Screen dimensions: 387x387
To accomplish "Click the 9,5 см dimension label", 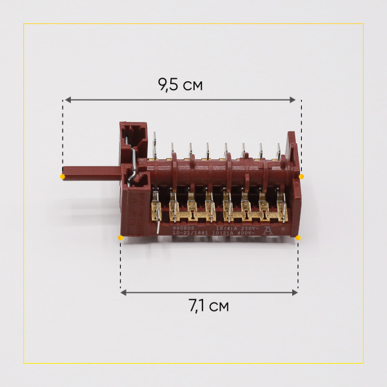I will pos(180,85).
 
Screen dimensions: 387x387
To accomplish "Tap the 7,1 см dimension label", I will pos(209,306).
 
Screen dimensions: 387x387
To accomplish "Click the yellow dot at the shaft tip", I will pos(63,176).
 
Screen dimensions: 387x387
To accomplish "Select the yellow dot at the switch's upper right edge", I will pos(301,176).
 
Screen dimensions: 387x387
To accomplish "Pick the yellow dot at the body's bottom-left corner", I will pos(121,237).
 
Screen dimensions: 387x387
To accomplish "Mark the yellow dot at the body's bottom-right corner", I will pos(298,237).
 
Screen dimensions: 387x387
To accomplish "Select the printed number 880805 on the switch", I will pos(165,228).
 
